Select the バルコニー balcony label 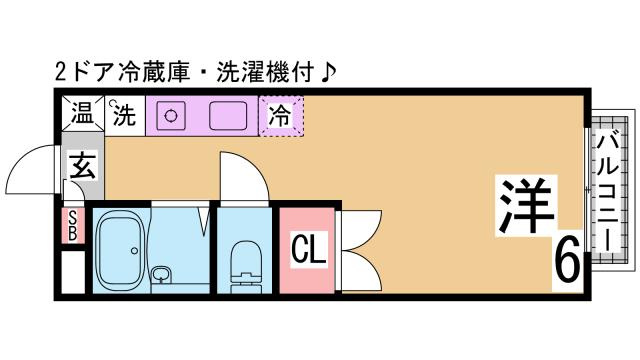(606, 195)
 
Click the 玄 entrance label (82, 164)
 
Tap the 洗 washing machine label (123, 116)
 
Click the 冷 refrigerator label (281, 116)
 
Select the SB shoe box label (72, 226)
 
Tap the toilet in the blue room (242, 261)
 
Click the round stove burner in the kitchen (170, 116)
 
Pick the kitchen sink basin (230, 116)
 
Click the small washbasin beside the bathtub (161, 273)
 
